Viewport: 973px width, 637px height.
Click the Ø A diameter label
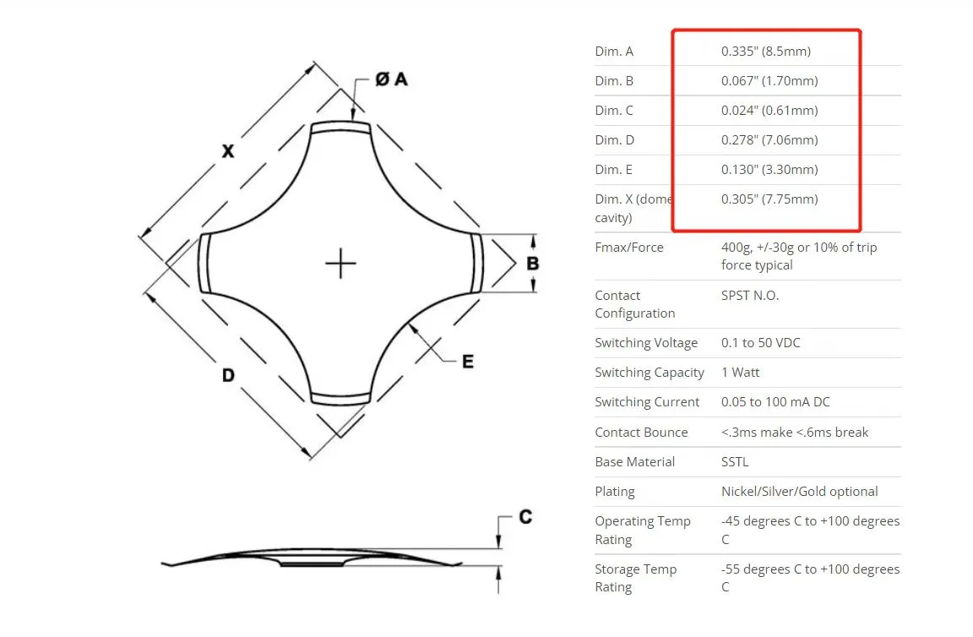point(392,79)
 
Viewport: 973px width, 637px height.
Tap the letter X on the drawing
point(228,151)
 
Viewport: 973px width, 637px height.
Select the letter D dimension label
point(228,375)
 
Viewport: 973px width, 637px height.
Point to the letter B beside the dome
point(532,264)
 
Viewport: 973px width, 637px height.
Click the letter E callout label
point(468,362)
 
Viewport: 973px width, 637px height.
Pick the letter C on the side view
point(525,516)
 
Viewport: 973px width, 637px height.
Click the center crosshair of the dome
point(340,264)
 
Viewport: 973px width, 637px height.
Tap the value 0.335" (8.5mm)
point(766,52)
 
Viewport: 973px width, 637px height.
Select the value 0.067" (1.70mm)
point(769,81)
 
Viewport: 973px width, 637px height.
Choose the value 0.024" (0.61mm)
point(769,111)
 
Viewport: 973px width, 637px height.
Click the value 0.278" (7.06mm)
point(769,140)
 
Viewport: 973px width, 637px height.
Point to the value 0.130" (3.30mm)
point(769,170)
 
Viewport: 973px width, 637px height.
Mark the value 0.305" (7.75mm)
point(769,199)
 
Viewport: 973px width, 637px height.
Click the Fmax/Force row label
point(629,247)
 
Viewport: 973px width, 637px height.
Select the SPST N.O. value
point(750,296)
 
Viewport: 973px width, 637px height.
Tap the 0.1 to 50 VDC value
point(761,343)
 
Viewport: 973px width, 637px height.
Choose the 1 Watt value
point(740,373)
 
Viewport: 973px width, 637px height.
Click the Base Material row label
point(635,462)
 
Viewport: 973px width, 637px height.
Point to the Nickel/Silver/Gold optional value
point(799,492)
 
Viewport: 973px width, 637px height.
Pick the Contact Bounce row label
point(642,432)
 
